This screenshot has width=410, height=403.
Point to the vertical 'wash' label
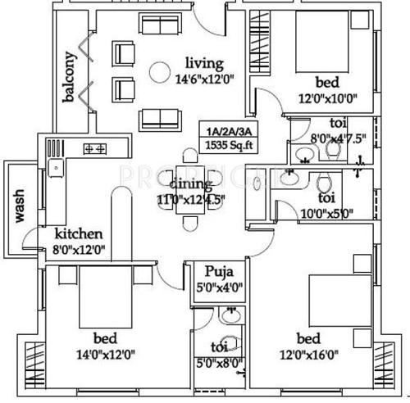click(x=16, y=206)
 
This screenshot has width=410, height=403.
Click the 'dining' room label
click(x=193, y=183)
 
